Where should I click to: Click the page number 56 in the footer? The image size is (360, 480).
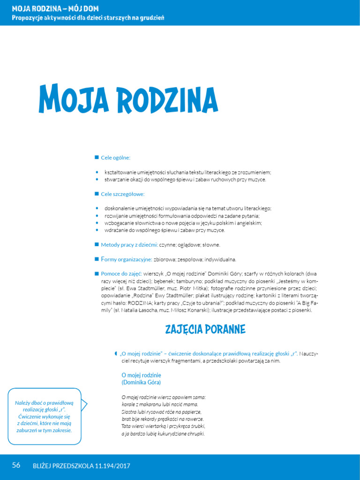tap(16, 465)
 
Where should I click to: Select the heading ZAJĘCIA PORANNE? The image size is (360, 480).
tap(205, 330)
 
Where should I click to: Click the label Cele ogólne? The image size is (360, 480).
tap(115, 157)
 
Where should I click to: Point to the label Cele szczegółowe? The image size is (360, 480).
tap(123, 194)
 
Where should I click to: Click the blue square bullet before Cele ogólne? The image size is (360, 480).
tap(97, 157)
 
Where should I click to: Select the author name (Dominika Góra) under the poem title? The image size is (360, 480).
tap(141, 383)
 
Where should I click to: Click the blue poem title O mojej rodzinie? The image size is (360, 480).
tap(141, 375)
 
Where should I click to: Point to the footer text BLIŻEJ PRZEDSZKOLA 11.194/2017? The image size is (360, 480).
tap(82, 466)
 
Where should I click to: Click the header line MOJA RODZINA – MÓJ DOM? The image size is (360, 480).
tap(55, 9)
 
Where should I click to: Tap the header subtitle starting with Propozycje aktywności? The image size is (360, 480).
tap(88, 18)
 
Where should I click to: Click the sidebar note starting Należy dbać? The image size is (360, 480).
tap(44, 416)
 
